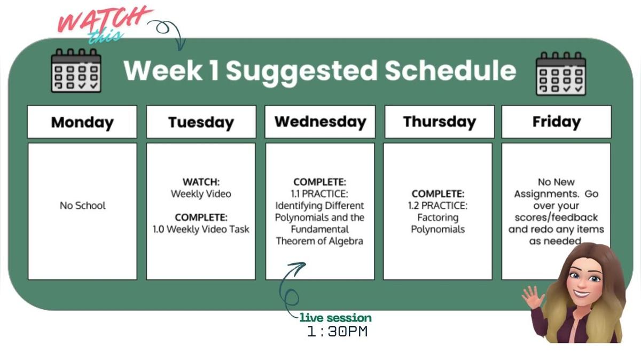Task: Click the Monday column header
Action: tap(82, 122)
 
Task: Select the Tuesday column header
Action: tap(201, 122)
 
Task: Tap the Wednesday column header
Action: tap(320, 121)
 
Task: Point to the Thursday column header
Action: tap(439, 121)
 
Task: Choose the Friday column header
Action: tap(556, 121)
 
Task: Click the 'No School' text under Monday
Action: tap(83, 206)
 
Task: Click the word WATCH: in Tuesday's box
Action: tap(201, 182)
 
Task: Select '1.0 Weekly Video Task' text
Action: tap(201, 229)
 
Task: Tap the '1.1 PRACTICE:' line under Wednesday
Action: tap(319, 194)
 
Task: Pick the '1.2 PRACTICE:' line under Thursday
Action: tap(438, 206)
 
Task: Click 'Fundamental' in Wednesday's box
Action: tap(319, 229)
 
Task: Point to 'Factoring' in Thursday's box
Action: tap(438, 217)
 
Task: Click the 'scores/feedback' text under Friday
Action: tap(556, 217)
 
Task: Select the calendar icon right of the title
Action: tap(561, 73)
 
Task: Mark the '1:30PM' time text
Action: tap(337, 332)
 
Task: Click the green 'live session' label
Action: tap(335, 318)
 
